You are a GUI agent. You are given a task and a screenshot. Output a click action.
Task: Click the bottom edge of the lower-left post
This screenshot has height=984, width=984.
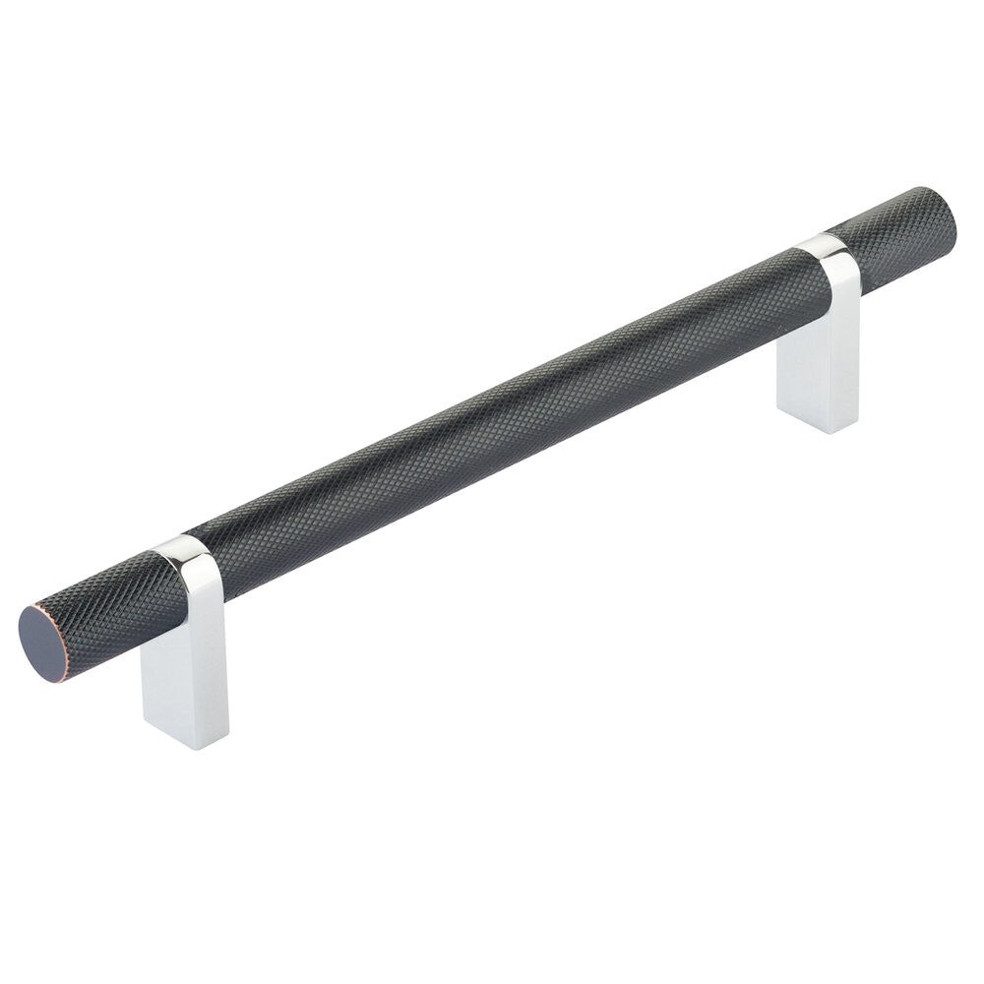pos(187,744)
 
